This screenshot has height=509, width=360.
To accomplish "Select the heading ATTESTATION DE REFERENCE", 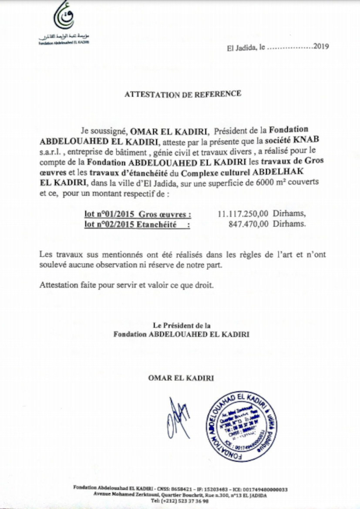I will tap(182, 94).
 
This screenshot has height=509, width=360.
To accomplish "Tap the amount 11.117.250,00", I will tap(243, 214).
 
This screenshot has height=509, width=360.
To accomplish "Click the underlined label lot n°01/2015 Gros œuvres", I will tap(138, 214).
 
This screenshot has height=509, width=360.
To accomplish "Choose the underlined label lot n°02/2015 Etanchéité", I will tap(138, 224).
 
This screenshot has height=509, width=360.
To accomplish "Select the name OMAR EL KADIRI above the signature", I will tap(181, 378).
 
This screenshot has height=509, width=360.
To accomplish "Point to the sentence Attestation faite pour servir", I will tap(126, 285).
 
